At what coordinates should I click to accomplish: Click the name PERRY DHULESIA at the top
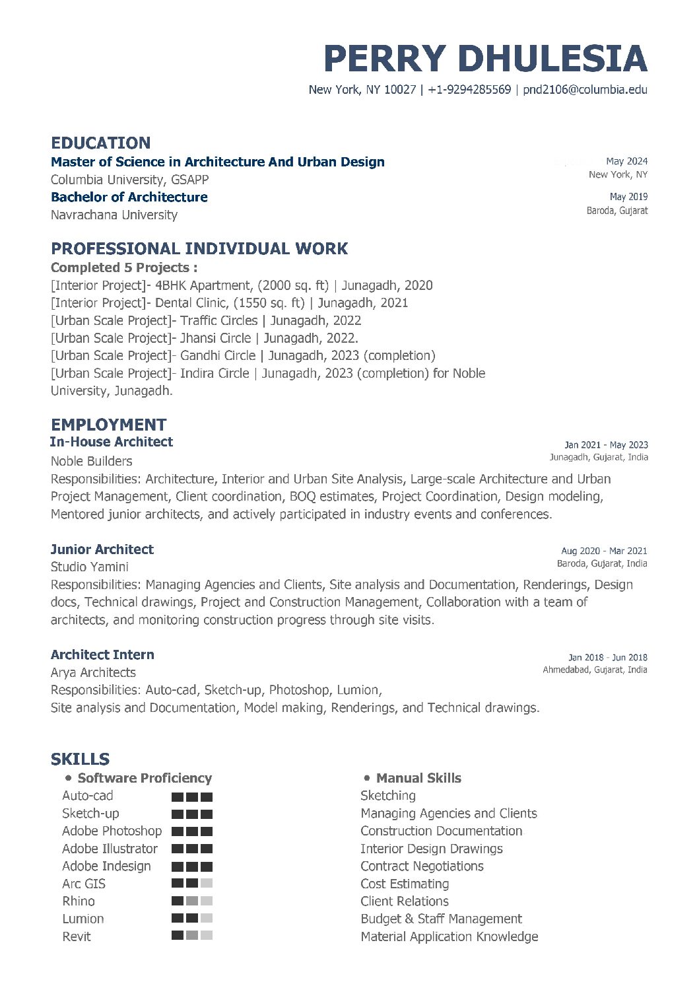point(485,59)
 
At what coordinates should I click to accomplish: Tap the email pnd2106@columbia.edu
point(585,90)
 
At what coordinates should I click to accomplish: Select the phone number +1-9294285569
point(469,90)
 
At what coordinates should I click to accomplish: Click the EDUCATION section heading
point(100,143)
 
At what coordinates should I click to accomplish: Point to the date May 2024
point(626,161)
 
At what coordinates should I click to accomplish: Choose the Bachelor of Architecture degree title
point(129,197)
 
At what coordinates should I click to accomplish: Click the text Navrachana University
point(114,215)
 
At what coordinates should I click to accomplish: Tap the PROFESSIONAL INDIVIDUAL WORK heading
point(199,248)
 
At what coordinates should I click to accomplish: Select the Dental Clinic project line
point(229,302)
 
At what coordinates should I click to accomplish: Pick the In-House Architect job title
point(111,442)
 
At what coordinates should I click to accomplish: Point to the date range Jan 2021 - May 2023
point(606,445)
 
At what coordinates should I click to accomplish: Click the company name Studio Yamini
point(89,567)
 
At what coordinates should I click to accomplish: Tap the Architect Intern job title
point(102,654)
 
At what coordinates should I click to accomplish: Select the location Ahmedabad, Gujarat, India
point(595,670)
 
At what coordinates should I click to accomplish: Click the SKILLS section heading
point(80,759)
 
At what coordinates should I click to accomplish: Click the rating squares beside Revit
point(192,935)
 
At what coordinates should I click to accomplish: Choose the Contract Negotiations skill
point(422,866)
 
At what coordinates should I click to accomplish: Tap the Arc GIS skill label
point(84,884)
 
